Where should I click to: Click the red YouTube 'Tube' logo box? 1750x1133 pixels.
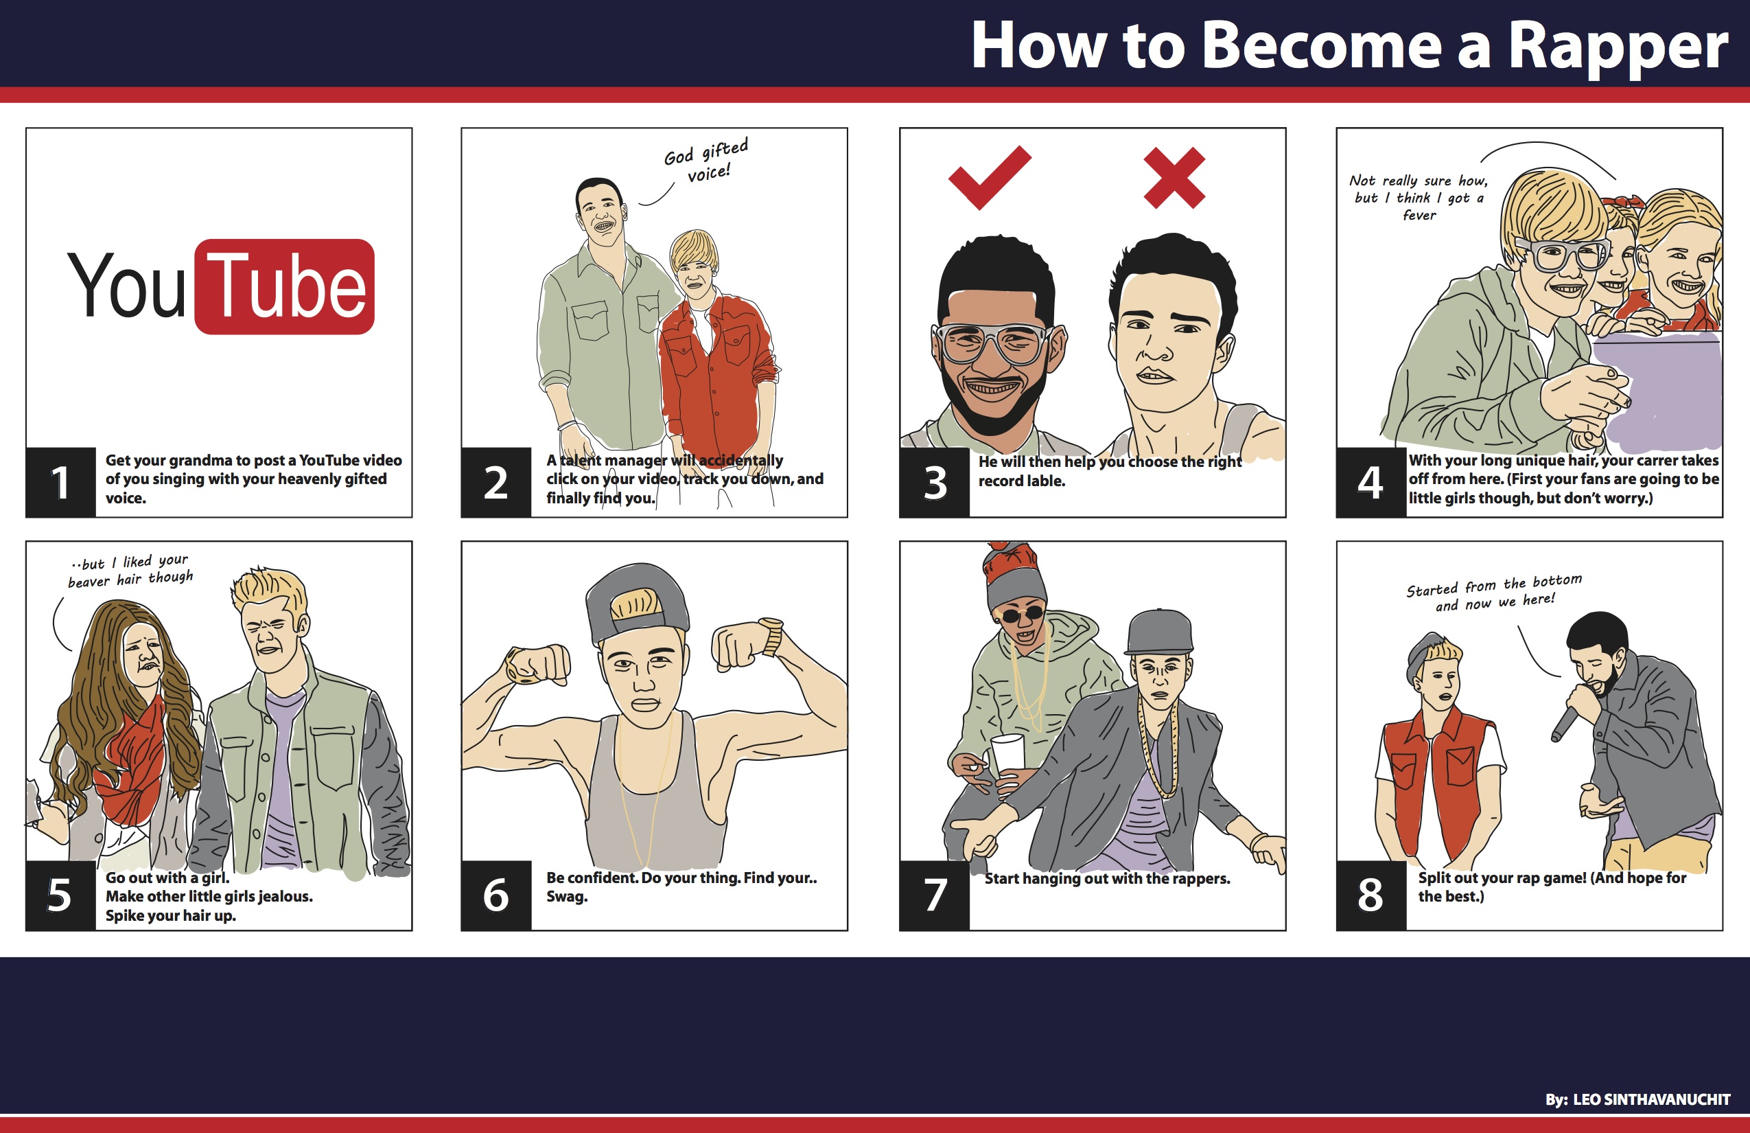tap(285, 286)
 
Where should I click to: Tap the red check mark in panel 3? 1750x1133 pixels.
tap(989, 178)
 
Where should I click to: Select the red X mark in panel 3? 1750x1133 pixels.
tap(1174, 178)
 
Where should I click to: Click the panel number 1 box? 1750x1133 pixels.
tap(60, 482)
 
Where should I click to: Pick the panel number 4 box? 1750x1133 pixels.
tap(1371, 482)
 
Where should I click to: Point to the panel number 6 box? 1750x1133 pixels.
tap(496, 895)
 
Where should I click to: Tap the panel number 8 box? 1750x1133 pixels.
tap(1371, 895)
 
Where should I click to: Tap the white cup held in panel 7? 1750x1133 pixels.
tap(1007, 755)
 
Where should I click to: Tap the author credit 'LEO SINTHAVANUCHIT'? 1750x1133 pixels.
tap(1651, 1100)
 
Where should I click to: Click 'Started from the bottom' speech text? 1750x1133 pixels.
tap(1494, 585)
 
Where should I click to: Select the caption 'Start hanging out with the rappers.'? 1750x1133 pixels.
tap(1108, 878)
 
